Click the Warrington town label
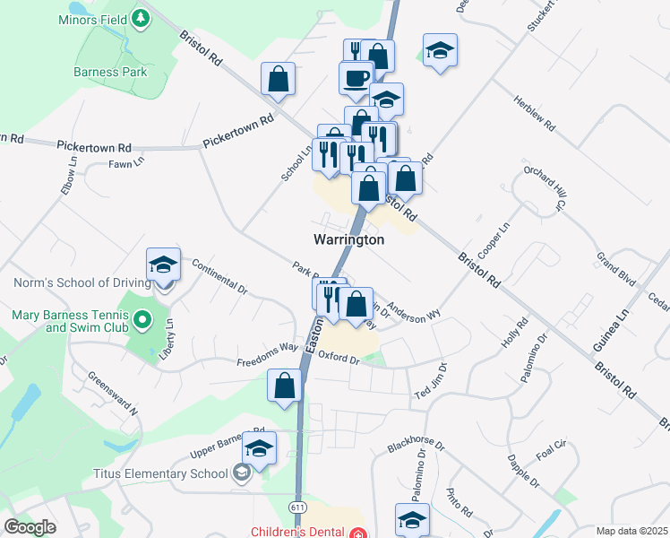[x=348, y=240]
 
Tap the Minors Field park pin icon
[x=141, y=18]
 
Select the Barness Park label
[x=110, y=72]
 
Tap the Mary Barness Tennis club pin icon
[x=141, y=320]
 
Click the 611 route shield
[x=297, y=507]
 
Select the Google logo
[x=30, y=527]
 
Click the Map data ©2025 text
[x=632, y=531]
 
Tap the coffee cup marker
[x=356, y=77]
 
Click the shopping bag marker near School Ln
[x=279, y=79]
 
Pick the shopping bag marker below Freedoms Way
[x=285, y=386]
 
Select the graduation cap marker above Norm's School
[x=163, y=265]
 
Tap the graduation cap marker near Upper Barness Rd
[x=259, y=449]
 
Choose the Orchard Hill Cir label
[x=547, y=187]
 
